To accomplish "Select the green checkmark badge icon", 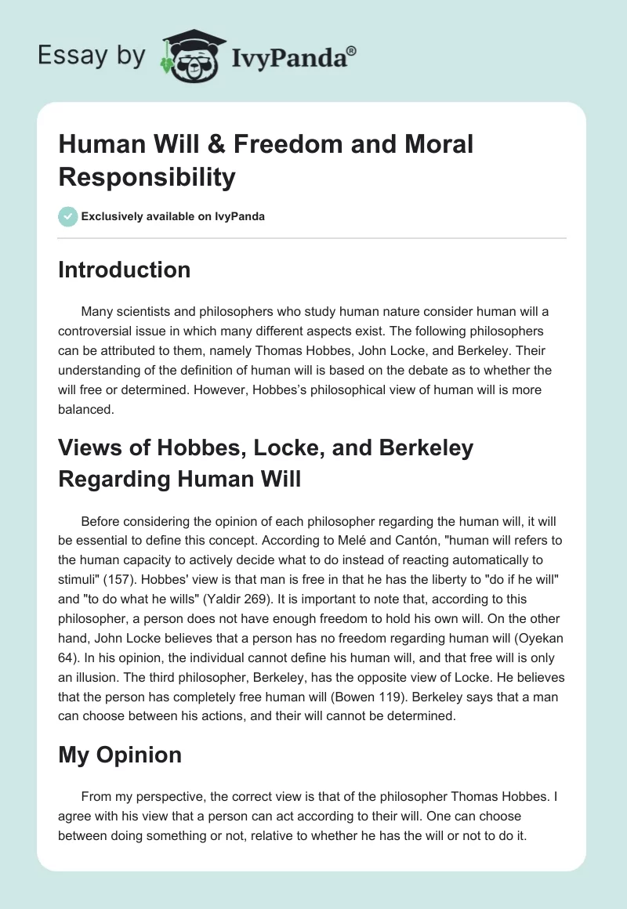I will (x=68, y=217).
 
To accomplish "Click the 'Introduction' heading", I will (x=125, y=270).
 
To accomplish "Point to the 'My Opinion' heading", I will (x=120, y=755).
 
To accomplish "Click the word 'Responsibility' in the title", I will (x=147, y=178).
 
